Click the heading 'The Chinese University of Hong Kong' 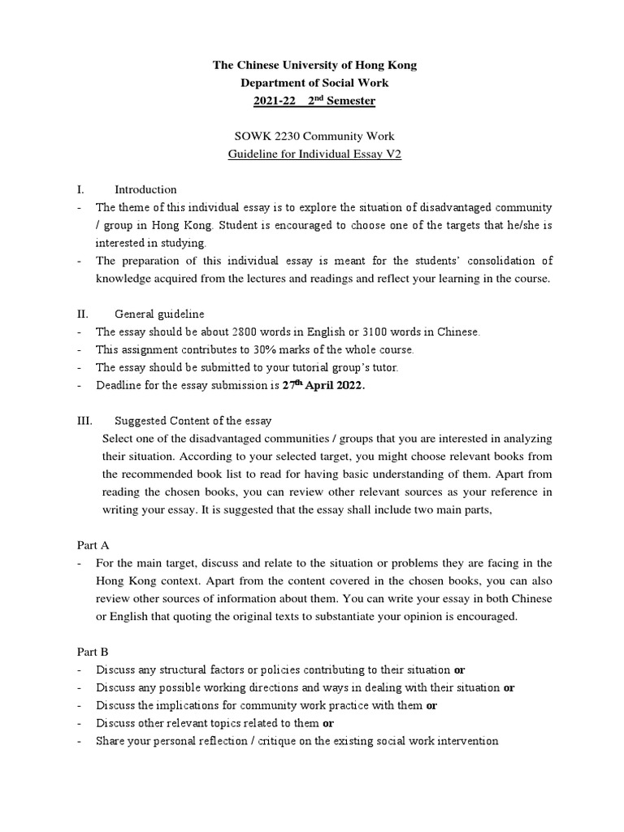[x=314, y=65]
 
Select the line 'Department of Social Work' [x=314, y=83]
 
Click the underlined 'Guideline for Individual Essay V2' [x=314, y=154]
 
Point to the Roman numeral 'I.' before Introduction [x=81, y=190]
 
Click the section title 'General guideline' [x=159, y=314]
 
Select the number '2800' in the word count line [x=249, y=332]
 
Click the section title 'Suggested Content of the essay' [x=193, y=421]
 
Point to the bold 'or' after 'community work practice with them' [x=431, y=705]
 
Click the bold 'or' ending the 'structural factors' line [x=459, y=669]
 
